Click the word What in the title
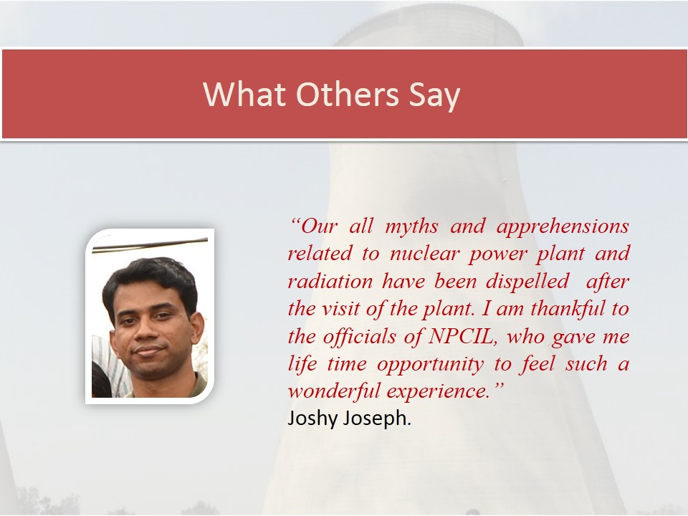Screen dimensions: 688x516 (244, 94)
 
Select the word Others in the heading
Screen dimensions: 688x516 (348, 94)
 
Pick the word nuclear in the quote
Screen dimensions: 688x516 (425, 254)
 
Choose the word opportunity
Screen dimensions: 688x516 (431, 365)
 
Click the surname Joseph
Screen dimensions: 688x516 (376, 419)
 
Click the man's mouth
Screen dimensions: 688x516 (148, 350)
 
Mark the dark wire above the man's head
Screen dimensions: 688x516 (150, 245)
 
